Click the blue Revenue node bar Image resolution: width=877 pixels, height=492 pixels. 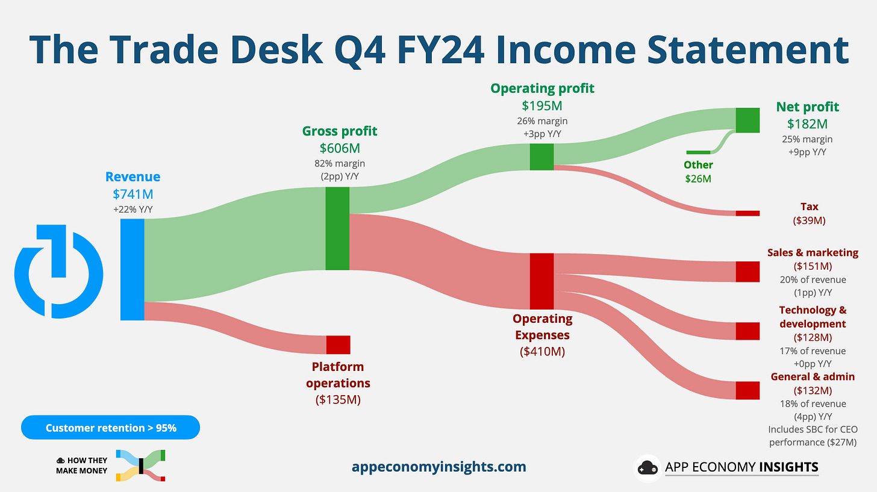point(132,269)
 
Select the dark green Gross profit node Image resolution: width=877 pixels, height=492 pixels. point(337,228)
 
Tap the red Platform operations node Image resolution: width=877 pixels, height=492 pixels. point(338,344)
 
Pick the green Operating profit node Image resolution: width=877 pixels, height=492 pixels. point(541,157)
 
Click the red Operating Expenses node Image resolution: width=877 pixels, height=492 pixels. point(541,281)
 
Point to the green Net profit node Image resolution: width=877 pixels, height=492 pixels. point(747,120)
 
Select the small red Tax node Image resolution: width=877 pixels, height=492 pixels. point(747,213)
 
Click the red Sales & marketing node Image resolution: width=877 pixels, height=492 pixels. point(747,272)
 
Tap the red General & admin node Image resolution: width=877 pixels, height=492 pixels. point(747,390)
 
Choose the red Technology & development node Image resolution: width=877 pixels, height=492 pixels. point(747,331)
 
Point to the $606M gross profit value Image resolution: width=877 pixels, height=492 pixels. point(340,148)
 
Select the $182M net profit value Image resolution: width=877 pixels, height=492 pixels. point(807,124)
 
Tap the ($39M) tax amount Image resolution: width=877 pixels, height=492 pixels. point(809,220)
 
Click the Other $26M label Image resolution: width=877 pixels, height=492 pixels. point(698,172)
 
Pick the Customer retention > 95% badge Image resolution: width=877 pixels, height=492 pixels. point(111,428)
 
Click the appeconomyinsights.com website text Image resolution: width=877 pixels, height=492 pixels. point(438,466)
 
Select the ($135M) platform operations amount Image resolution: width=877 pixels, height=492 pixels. point(338,399)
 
